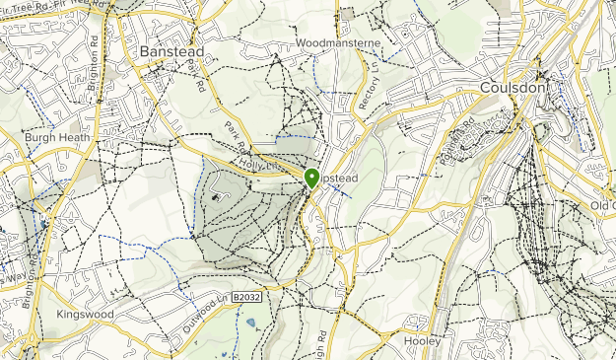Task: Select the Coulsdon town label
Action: (x=513, y=88)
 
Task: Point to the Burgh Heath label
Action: (x=56, y=137)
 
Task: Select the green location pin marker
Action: (x=311, y=178)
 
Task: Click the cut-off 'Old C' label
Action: (x=602, y=204)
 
